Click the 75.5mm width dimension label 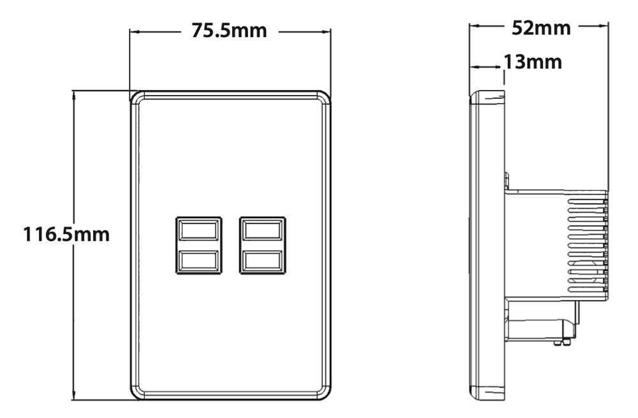[x=230, y=31]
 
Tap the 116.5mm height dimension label [x=66, y=234]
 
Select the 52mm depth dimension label [x=541, y=27]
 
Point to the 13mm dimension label [x=533, y=62]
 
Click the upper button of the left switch [x=198, y=229]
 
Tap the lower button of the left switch [x=198, y=261]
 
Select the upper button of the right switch [x=262, y=229]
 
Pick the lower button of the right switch [x=262, y=261]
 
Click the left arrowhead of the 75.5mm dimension [x=133, y=31]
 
